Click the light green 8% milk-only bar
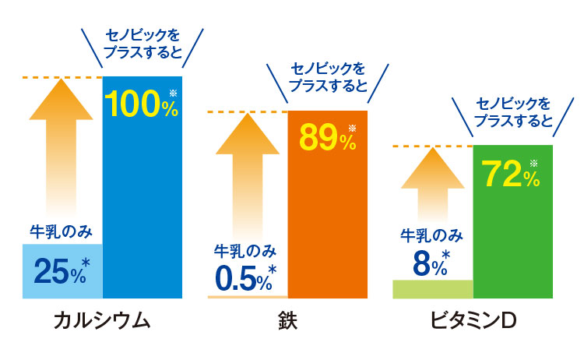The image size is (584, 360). click(x=433, y=289)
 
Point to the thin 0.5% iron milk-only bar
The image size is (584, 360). click(x=248, y=297)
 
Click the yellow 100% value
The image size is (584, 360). click(x=141, y=104)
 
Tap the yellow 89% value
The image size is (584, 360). click(x=327, y=138)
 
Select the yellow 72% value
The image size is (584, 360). click(x=511, y=174)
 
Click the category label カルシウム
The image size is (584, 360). click(x=101, y=322)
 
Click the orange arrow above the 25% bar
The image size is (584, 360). click(x=62, y=148)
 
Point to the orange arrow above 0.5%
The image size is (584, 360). click(x=248, y=179)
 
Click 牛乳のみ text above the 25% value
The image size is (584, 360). click(x=62, y=231)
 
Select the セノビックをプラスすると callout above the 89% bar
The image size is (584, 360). click(x=328, y=77)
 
